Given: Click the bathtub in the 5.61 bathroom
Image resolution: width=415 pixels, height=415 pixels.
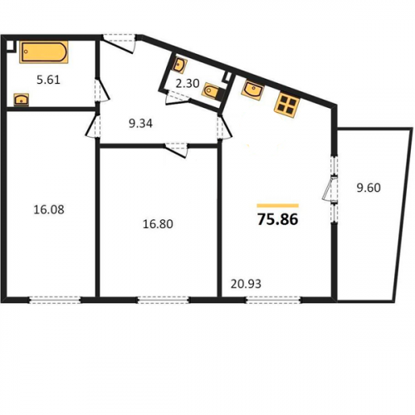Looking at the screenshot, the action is [44, 52].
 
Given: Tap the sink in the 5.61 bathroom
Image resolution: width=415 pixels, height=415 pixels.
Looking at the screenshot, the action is [22, 100].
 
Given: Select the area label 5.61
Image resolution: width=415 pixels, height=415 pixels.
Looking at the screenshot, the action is [48, 80].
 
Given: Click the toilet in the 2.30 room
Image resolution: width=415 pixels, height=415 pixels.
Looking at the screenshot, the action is [211, 91].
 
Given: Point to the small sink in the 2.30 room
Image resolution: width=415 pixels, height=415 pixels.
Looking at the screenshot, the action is [180, 66].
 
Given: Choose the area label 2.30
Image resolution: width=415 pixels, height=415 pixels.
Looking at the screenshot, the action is [188, 83].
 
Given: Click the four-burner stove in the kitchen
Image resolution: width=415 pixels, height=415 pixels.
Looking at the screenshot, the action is [287, 105].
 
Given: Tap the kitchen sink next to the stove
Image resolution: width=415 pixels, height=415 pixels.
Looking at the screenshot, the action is [252, 90].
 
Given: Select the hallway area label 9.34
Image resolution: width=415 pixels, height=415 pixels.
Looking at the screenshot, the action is [140, 124].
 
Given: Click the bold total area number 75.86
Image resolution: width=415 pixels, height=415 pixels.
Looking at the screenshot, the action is [278, 220].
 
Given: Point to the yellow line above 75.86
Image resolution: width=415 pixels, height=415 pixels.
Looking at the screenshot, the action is [278, 206].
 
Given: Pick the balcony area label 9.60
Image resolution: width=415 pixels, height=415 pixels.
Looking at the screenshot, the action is [369, 188].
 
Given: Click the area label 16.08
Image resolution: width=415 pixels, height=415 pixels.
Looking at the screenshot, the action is [49, 209].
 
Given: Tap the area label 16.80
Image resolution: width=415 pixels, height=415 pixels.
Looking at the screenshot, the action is [158, 224].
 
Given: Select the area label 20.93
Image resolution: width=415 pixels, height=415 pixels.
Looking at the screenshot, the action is [246, 284].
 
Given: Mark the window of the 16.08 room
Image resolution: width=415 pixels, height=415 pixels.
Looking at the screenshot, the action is [55, 300].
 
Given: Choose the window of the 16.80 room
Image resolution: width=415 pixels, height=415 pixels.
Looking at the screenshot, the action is [164, 300].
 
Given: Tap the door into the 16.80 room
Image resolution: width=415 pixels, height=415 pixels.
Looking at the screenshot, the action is [177, 149].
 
